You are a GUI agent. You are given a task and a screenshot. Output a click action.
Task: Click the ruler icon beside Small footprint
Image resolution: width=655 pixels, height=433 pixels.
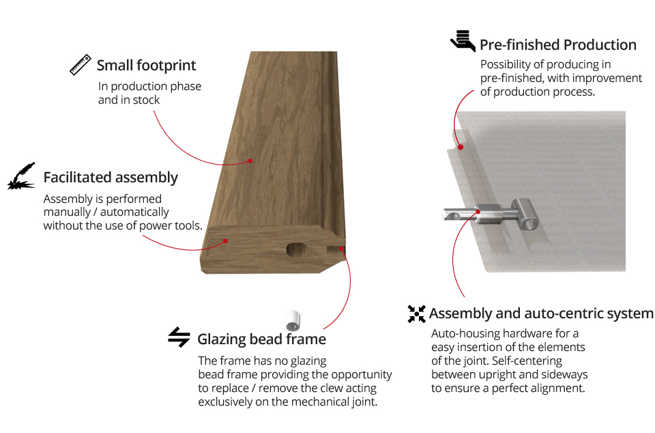coord(81,64)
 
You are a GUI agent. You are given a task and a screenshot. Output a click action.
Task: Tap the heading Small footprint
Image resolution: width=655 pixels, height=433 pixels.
coord(146,66)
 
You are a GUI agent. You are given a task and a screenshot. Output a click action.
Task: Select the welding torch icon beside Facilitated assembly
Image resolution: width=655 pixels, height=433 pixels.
coord(21,176)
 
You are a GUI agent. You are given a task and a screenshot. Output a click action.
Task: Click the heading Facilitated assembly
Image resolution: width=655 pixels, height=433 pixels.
coord(111,178)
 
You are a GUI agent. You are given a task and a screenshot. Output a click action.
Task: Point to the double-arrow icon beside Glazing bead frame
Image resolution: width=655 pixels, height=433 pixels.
coord(179,337)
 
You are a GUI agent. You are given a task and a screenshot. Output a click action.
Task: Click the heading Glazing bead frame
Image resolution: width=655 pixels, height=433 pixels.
coord(261,339)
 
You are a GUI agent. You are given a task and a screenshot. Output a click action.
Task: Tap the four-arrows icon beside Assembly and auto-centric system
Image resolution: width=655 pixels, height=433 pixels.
coord(416,314)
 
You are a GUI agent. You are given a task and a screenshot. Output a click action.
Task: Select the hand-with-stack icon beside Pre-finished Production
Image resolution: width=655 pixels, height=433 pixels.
coord(463,41)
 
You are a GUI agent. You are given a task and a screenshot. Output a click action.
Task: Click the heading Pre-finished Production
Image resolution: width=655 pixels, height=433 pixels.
coord(558,44)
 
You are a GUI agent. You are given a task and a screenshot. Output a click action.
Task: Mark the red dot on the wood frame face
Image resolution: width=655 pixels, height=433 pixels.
coord(250,160)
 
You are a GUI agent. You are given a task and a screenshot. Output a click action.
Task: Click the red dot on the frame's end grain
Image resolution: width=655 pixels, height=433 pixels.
coord(225,240)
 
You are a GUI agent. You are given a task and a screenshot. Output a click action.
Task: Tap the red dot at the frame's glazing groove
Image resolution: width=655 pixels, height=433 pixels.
coord(341,249)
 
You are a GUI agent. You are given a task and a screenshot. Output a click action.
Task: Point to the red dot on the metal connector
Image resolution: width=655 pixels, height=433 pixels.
coord(478,212)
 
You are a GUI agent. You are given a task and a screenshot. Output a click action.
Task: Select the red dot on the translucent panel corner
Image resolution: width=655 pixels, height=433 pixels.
coord(461,147)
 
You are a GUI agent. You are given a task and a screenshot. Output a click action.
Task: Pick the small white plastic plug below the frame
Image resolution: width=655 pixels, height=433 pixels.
coord(293,320)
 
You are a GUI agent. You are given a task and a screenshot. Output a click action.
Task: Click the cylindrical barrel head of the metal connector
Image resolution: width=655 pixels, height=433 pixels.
coord(525,214)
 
